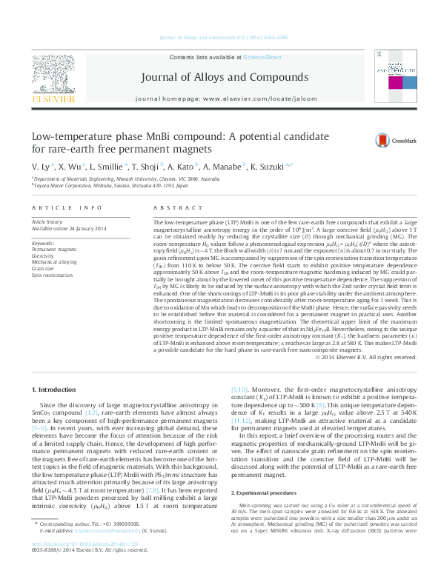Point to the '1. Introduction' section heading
pos(56,389)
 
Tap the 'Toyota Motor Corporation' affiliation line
pos(110,187)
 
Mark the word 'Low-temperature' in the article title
pos(51,136)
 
